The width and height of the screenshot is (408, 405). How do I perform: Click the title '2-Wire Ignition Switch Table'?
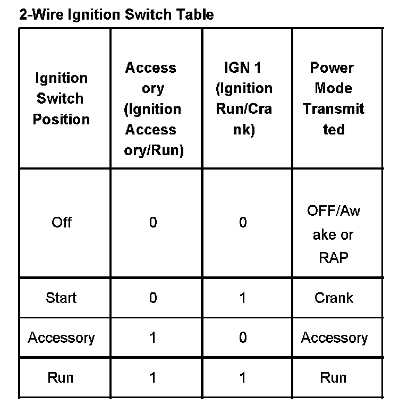tap(116, 14)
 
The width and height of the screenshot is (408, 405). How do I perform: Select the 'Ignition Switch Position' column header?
tap(61, 99)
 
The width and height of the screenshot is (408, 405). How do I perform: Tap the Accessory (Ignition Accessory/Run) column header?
tap(153, 109)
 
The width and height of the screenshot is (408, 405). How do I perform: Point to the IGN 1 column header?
tap(243, 99)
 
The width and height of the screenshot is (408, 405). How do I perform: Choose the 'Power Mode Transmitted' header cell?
tap(333, 99)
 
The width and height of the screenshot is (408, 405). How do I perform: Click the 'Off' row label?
tap(61, 222)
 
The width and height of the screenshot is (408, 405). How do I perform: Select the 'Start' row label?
tap(61, 298)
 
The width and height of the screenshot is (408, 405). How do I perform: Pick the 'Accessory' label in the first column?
tap(61, 338)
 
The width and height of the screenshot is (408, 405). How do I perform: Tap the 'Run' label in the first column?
tap(61, 378)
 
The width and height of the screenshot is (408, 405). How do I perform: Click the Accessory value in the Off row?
tap(153, 222)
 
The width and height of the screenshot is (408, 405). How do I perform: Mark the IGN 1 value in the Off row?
tap(243, 222)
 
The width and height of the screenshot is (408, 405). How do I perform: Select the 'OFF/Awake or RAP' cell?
tap(333, 234)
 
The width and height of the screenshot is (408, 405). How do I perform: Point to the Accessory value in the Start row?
tap(153, 298)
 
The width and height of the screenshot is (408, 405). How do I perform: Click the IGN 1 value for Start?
tap(243, 298)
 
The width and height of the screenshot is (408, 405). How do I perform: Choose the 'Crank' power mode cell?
tap(333, 298)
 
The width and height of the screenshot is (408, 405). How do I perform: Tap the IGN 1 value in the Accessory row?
tap(243, 338)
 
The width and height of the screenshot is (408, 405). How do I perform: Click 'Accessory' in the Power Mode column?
tap(334, 338)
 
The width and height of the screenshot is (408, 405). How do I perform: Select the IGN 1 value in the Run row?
tap(243, 378)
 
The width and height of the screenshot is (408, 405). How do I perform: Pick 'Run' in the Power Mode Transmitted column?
tap(333, 378)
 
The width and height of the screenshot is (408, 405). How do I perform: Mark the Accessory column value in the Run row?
tap(153, 378)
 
